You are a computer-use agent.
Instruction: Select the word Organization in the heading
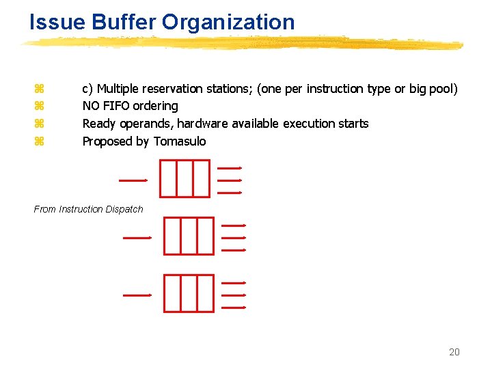[x=228, y=22]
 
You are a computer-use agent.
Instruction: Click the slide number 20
[x=454, y=352]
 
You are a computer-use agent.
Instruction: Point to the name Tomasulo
[x=180, y=141]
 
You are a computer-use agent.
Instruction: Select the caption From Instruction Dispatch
[x=89, y=209]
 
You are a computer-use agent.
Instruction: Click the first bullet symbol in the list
[x=39, y=89]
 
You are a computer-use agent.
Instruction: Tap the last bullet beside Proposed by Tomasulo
[x=39, y=141]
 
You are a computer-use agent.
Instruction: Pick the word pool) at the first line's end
[x=443, y=89]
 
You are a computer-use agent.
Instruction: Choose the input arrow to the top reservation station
[x=133, y=180]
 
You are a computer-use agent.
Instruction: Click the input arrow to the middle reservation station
[x=137, y=238]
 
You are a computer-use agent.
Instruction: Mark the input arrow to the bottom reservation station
[x=137, y=295]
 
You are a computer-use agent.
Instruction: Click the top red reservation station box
[x=184, y=178]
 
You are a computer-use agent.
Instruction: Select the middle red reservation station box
[x=189, y=236]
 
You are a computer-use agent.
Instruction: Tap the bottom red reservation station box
[x=189, y=293]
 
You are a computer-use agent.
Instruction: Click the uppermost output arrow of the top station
[x=230, y=167]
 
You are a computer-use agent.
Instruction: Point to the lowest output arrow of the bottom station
[x=234, y=307]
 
